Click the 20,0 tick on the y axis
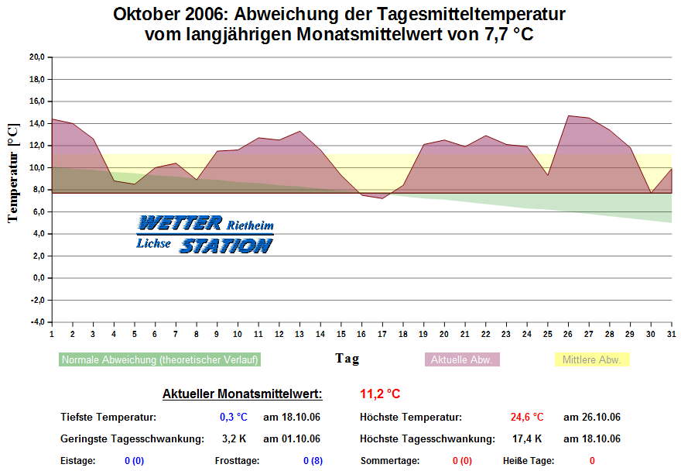35,57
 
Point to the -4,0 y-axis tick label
35,321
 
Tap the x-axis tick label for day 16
361,334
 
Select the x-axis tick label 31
671,334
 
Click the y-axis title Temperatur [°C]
13,172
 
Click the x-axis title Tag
347,359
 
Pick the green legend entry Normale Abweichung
160,359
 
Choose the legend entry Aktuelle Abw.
461,359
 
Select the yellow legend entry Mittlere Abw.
592,359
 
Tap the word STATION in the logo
226,246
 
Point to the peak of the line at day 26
568,115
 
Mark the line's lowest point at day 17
382,198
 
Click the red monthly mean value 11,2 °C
380,394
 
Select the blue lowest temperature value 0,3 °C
233,417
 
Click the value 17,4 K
526,438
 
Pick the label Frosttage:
237,460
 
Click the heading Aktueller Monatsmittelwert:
242,394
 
